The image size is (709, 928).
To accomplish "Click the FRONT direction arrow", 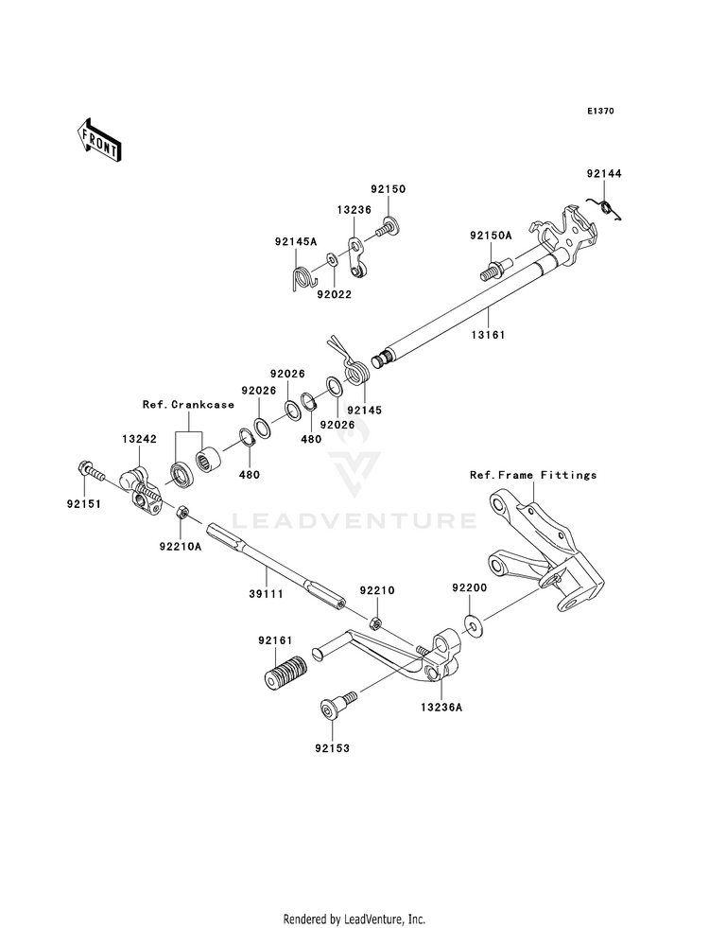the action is [x=98, y=139].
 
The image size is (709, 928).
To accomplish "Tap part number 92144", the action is [x=604, y=174].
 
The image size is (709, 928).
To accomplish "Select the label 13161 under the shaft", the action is [x=488, y=335].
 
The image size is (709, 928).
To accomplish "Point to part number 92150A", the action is [x=491, y=236].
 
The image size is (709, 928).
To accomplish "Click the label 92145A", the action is [x=296, y=241].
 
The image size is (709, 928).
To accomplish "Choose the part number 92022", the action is [x=334, y=294].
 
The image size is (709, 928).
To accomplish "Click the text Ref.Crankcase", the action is [x=188, y=405].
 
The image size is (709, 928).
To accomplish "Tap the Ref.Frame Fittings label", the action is [x=533, y=475].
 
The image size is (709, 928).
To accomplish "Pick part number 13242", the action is [x=140, y=439].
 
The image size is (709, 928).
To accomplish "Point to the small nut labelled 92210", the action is [x=374, y=622].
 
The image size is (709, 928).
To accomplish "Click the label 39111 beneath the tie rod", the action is [x=266, y=594].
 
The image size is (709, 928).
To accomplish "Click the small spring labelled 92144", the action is [x=605, y=209].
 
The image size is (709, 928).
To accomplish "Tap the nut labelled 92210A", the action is [x=182, y=513].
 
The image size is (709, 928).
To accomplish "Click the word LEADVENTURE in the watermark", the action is [x=354, y=521].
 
